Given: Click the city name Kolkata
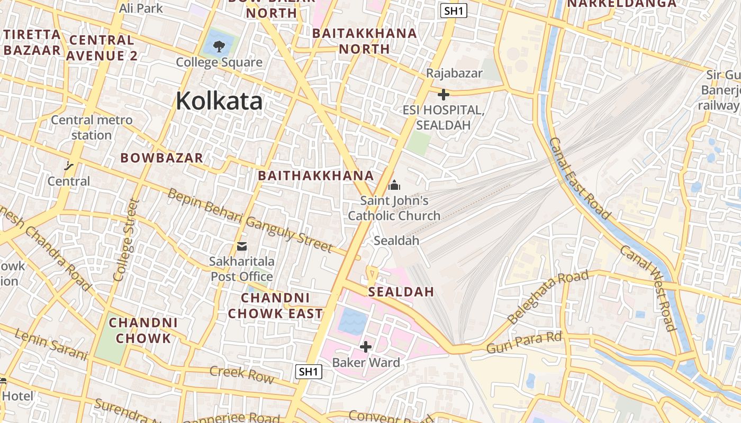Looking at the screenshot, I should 219,100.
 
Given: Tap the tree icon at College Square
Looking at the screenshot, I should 219,47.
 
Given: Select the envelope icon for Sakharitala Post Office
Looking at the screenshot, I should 242,246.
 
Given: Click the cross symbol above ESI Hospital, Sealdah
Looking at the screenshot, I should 444,95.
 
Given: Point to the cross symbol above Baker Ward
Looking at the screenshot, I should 365,347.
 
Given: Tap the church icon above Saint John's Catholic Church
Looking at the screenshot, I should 394,185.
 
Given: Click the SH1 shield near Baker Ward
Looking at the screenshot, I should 308,372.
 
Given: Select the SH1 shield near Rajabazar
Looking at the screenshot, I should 454,11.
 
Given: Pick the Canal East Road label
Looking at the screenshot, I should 579,178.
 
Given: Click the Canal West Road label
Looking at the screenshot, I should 648,288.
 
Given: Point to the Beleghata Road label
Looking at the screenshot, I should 547,297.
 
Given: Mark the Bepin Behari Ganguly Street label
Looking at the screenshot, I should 250,221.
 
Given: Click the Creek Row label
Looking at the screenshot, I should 242,374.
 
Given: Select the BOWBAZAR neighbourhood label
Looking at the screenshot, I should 161,158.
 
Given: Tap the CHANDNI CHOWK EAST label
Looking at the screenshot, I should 275,306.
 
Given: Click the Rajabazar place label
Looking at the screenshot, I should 454,73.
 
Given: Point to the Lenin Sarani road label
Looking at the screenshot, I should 50,345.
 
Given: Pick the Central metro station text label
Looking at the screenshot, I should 92,127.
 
